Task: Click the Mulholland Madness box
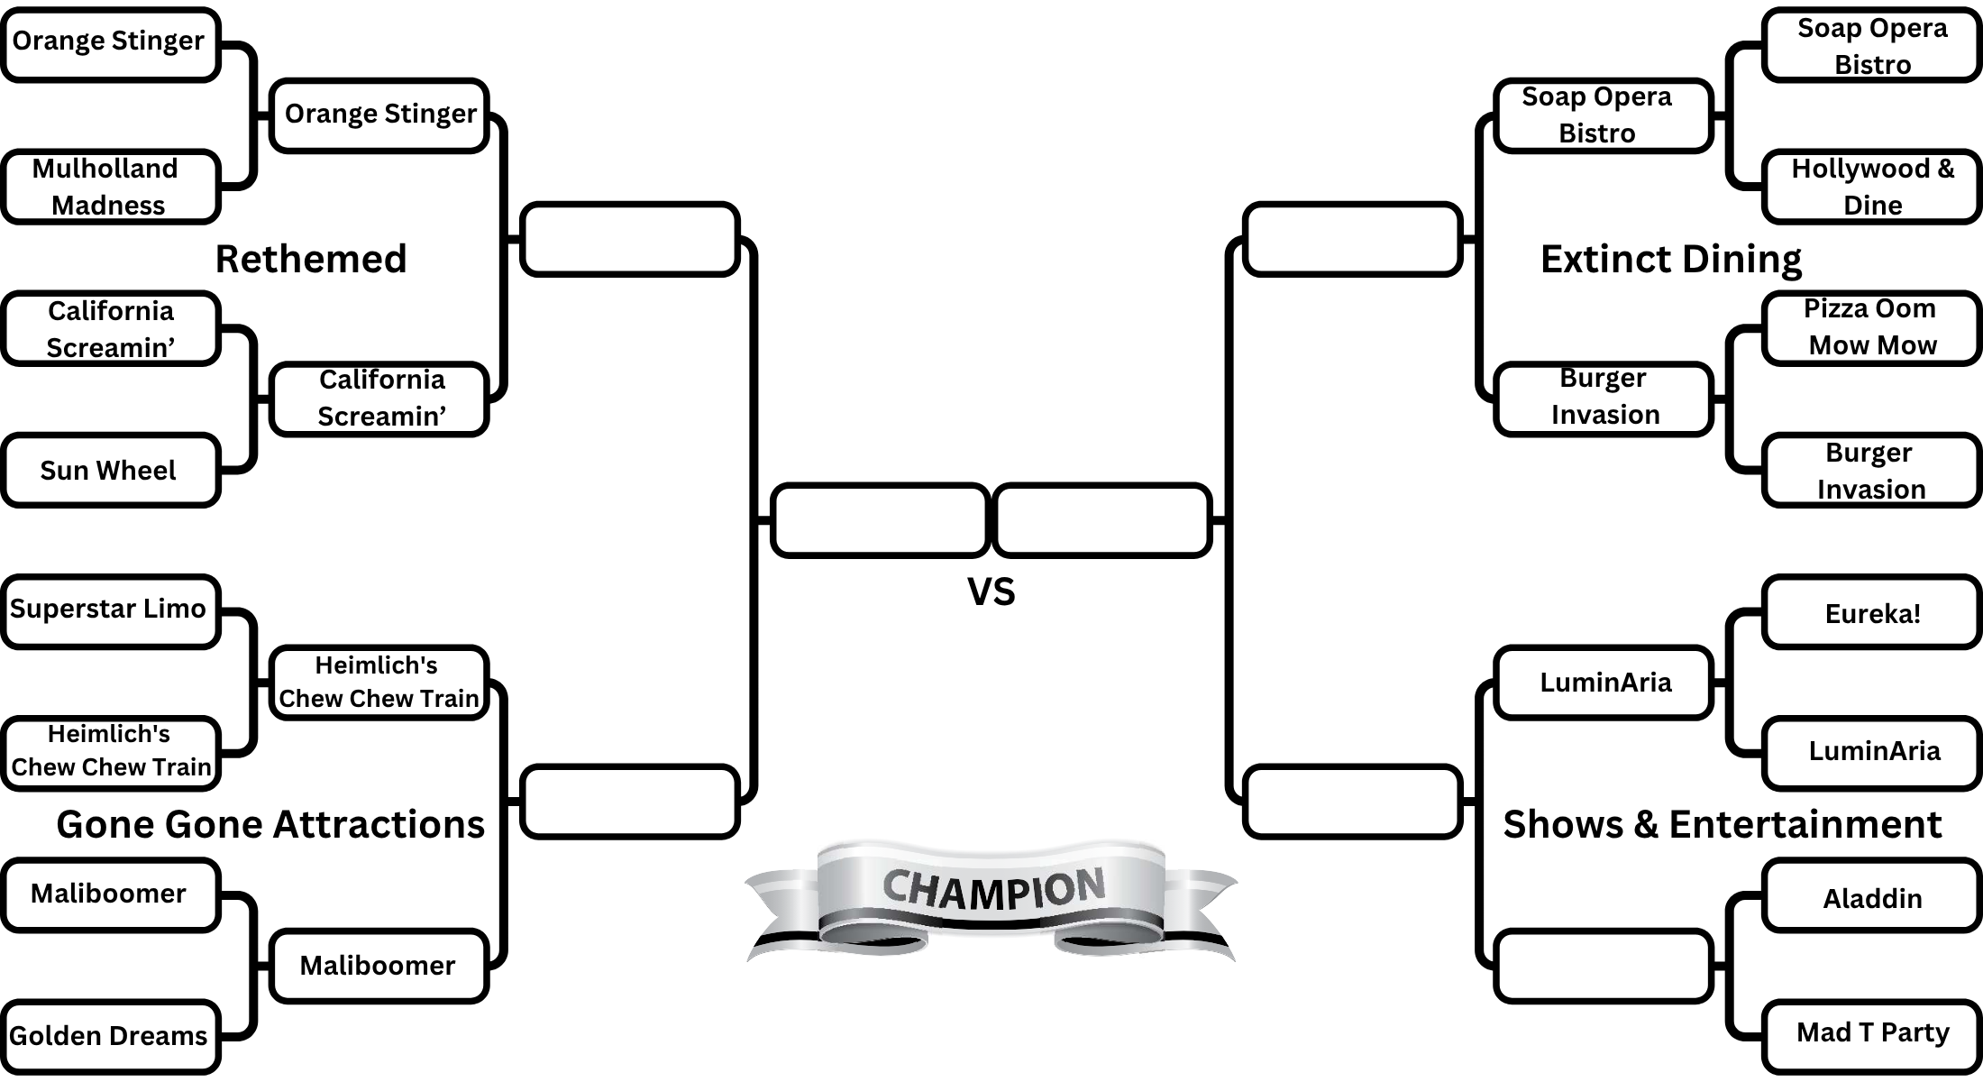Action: tap(110, 187)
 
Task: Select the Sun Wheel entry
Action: tap(110, 471)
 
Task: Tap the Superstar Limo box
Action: tap(110, 610)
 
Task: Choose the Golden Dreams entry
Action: tap(110, 1036)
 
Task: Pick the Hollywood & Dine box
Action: tap(1871, 187)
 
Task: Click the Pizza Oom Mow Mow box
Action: tap(1871, 327)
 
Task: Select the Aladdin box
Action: tap(1871, 898)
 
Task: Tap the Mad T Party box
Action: tap(1871, 1033)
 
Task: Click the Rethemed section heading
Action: tap(311, 259)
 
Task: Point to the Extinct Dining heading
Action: tap(1670, 259)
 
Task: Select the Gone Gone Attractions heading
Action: tap(270, 824)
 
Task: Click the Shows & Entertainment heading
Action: tap(1722, 824)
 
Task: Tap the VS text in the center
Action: tap(991, 591)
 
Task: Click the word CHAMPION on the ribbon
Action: tap(992, 888)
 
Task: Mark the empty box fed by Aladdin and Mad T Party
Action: tap(1603, 966)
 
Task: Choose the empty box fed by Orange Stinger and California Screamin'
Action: tap(629, 239)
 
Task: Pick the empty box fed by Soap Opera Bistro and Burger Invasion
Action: tap(1351, 239)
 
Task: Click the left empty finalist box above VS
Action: tap(880, 520)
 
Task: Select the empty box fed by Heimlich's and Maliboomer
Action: tap(629, 802)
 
